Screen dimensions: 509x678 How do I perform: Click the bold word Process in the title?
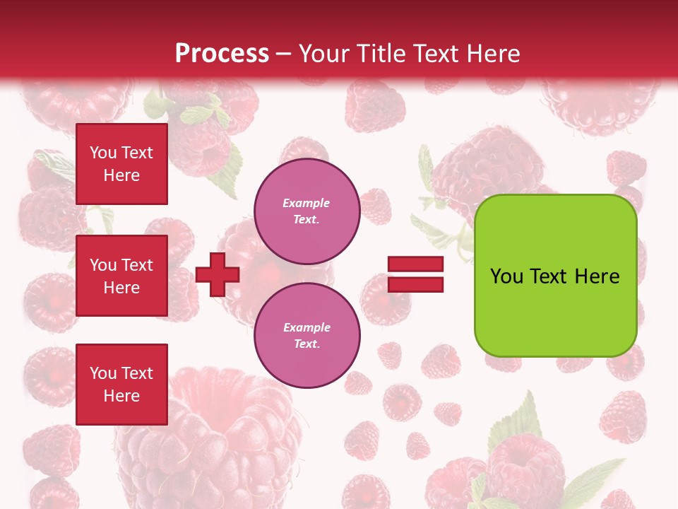point(222,54)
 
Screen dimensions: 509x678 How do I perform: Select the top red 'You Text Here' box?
point(121,164)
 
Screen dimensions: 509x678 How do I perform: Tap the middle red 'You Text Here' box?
point(121,276)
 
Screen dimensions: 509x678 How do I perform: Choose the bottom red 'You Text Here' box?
point(121,384)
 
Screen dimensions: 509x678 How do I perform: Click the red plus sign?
point(218,274)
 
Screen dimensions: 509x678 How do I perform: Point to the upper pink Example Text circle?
point(307,211)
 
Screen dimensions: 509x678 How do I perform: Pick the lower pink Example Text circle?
point(307,336)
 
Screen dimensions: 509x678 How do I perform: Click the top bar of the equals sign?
point(415,264)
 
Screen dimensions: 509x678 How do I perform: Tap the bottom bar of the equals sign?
point(415,284)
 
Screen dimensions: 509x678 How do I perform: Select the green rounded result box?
point(555,275)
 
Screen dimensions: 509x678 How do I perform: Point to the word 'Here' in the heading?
point(494,54)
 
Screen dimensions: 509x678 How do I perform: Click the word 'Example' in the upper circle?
point(307,203)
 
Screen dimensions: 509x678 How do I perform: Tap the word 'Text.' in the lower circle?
point(307,344)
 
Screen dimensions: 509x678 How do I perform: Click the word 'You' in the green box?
point(506,276)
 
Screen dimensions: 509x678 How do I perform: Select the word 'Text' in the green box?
point(549,276)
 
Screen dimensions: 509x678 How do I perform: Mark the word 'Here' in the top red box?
point(121,175)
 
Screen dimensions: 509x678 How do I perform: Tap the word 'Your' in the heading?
point(325,54)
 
